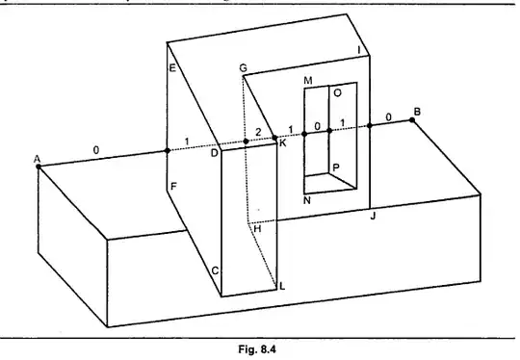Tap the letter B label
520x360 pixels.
click(x=416, y=112)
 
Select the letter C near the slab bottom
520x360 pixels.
click(x=214, y=272)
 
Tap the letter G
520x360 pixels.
click(x=243, y=69)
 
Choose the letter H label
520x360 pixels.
click(x=257, y=229)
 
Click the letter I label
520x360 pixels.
click(x=359, y=50)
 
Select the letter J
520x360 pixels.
click(x=373, y=217)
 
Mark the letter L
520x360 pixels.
click(x=282, y=285)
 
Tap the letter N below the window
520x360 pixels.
click(x=306, y=200)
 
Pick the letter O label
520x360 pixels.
click(x=336, y=93)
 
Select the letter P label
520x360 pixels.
click(x=335, y=167)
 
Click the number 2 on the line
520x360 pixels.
click(x=257, y=131)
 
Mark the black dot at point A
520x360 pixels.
click(x=39, y=167)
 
